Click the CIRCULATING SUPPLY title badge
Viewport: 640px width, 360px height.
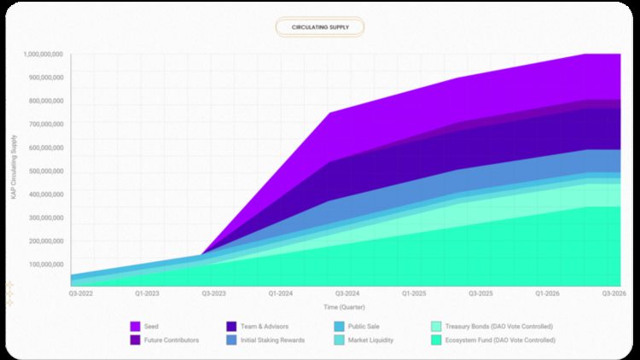[x=319, y=27]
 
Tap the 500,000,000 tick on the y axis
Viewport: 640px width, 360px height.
[x=44, y=171]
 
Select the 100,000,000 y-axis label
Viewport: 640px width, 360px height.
[x=44, y=264]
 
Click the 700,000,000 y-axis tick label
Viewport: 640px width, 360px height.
[x=44, y=124]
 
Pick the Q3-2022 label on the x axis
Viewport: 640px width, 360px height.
[x=81, y=293]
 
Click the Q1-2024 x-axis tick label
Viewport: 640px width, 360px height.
[x=281, y=293]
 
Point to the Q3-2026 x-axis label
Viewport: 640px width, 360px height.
[x=614, y=293]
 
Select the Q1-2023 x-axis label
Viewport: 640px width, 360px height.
[x=148, y=293]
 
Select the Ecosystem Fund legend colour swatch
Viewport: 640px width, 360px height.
[x=435, y=340]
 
